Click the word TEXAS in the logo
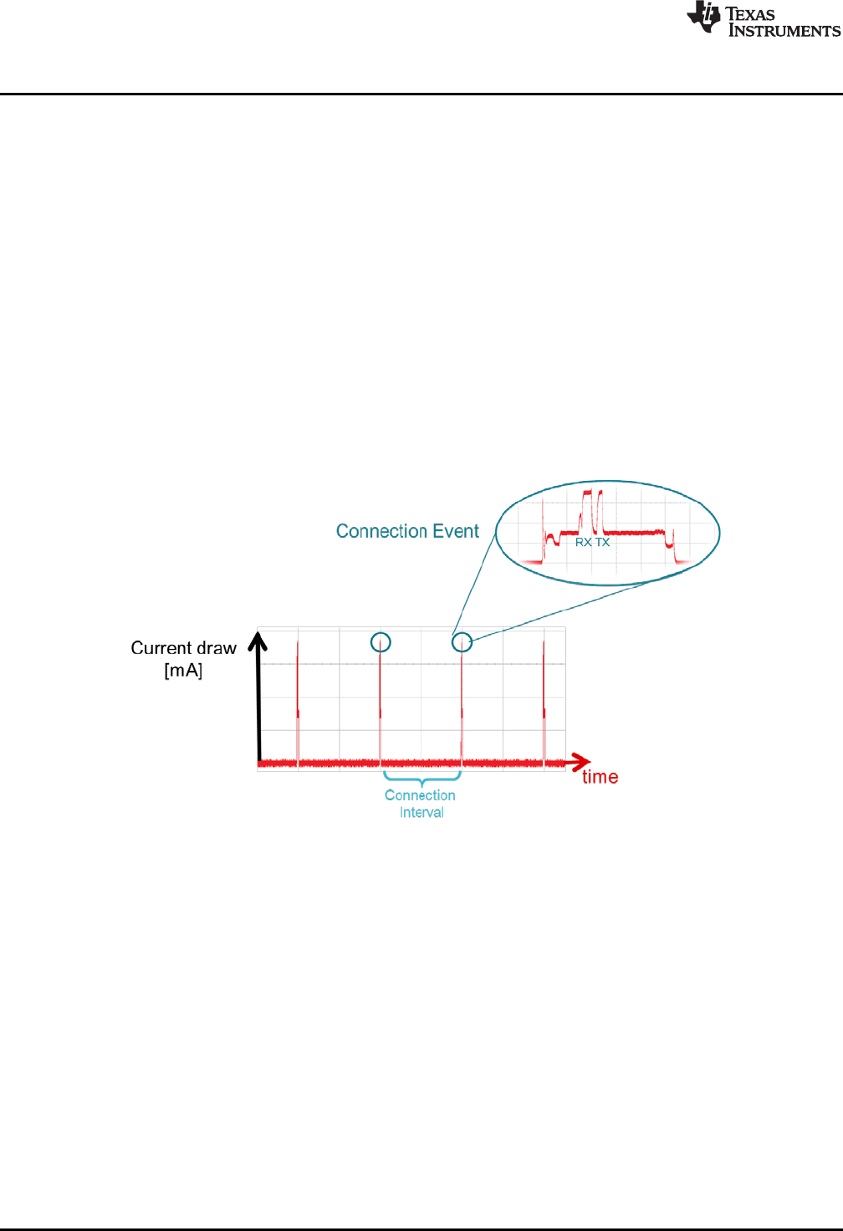(x=750, y=13)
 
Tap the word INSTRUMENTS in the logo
(x=784, y=31)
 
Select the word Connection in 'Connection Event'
(x=381, y=531)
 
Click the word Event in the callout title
(x=456, y=531)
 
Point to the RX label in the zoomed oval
(x=583, y=543)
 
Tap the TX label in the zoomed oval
(x=602, y=543)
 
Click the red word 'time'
(x=600, y=777)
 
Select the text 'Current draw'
(x=183, y=648)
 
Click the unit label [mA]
(x=183, y=671)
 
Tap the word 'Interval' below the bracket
(x=421, y=813)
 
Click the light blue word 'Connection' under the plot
(x=420, y=795)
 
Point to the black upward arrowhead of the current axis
(x=259, y=641)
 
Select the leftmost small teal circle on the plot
(x=381, y=642)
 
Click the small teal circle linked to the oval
(x=462, y=642)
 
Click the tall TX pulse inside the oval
(x=599, y=510)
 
